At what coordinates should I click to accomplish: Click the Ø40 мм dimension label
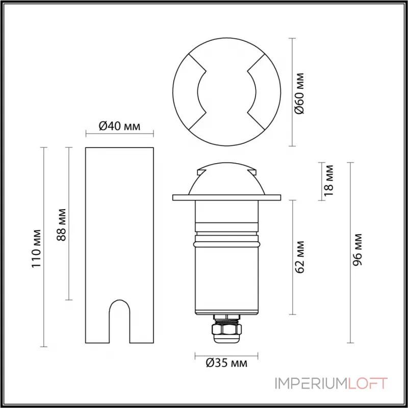coord(119,125)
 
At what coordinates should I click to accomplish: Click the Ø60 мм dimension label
coord(300,93)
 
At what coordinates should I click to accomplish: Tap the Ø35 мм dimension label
coord(227,364)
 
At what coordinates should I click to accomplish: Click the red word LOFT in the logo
coord(368,383)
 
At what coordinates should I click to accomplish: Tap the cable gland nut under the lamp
coord(226,331)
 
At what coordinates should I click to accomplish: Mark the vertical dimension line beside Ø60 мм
coord(292,92)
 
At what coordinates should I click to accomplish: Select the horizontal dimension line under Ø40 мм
coord(119,135)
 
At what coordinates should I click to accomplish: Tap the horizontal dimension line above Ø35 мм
coord(226,354)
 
